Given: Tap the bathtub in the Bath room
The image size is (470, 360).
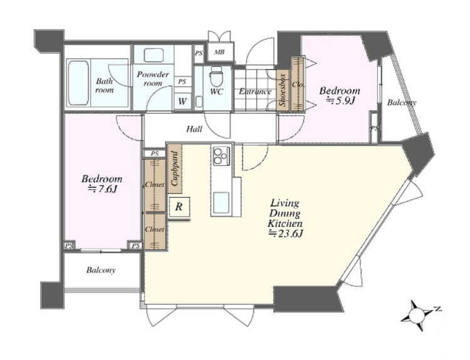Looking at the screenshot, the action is (78, 83).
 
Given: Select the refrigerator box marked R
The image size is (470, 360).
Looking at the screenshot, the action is (179, 207).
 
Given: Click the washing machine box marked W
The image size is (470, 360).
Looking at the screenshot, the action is (182, 101).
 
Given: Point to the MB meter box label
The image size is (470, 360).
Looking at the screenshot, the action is (219, 53).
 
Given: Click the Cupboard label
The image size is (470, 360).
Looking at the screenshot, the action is (175, 168).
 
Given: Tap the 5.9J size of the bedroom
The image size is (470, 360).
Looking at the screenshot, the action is (340, 101).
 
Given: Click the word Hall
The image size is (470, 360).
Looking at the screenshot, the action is (194, 129).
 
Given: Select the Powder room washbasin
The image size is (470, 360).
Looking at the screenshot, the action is (154, 55).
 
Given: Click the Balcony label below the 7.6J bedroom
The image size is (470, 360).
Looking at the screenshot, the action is (101, 270).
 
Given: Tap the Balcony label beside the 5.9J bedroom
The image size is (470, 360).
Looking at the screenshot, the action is (401, 103).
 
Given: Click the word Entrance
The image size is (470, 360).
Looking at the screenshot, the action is (255, 91).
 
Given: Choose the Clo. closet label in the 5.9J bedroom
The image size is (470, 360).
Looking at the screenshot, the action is (298, 85).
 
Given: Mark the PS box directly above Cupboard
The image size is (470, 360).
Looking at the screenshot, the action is (155, 153).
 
